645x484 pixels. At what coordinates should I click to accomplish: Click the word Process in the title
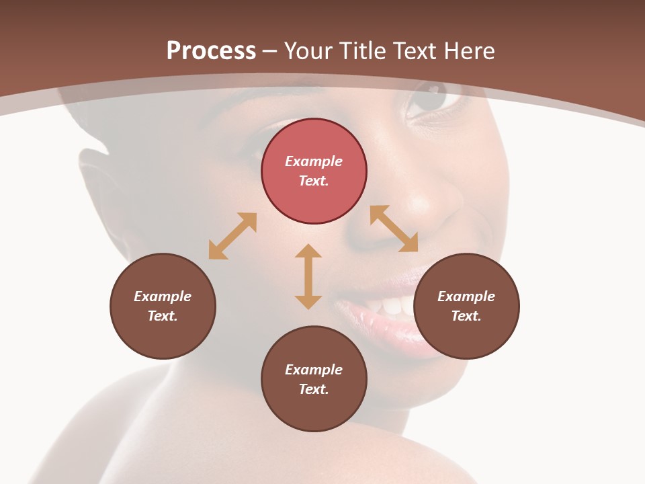(x=211, y=51)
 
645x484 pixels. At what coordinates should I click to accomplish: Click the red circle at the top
(x=314, y=171)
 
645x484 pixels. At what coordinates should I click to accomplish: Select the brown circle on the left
(x=163, y=306)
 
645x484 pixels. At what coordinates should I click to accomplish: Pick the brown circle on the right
(x=466, y=306)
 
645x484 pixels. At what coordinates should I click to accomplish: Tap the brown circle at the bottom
(x=314, y=378)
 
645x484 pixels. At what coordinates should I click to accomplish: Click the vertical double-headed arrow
(x=308, y=276)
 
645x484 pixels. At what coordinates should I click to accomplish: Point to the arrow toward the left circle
(x=232, y=236)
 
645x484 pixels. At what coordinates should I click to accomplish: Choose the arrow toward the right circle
(x=394, y=229)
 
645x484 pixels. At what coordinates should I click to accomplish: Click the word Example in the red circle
(x=314, y=161)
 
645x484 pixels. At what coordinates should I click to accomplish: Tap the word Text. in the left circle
(x=163, y=316)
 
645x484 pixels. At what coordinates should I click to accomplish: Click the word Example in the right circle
(x=466, y=296)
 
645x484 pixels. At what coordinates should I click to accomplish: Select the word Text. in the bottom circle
(x=314, y=389)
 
